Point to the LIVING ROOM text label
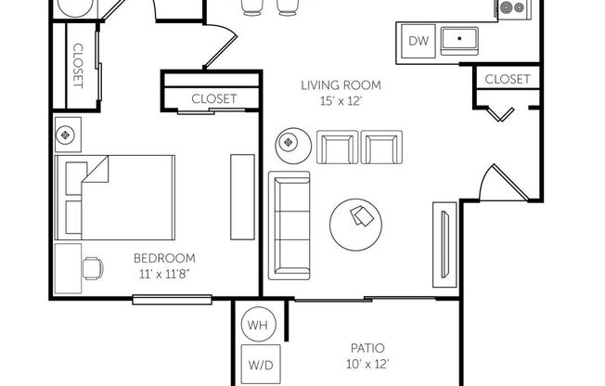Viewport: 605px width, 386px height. [x=341, y=85]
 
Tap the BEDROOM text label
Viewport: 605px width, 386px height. [x=163, y=258]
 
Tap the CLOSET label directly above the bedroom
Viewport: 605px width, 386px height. [x=213, y=98]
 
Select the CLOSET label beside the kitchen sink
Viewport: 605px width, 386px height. [x=508, y=80]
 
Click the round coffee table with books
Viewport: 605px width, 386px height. [x=359, y=218]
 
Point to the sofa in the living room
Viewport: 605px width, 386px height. [x=290, y=225]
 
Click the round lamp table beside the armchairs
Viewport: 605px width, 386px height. [x=289, y=143]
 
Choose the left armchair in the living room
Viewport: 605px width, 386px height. [x=336, y=148]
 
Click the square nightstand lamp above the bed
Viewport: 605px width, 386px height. [x=66, y=135]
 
